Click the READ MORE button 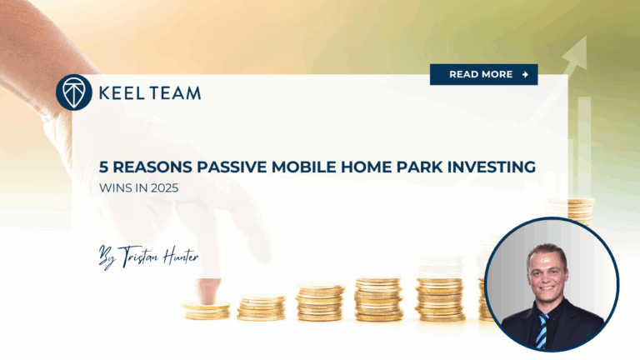coord(483,74)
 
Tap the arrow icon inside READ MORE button coord(525,74)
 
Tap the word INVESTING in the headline coord(489,167)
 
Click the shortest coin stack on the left coord(206,310)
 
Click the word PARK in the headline coord(416,167)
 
